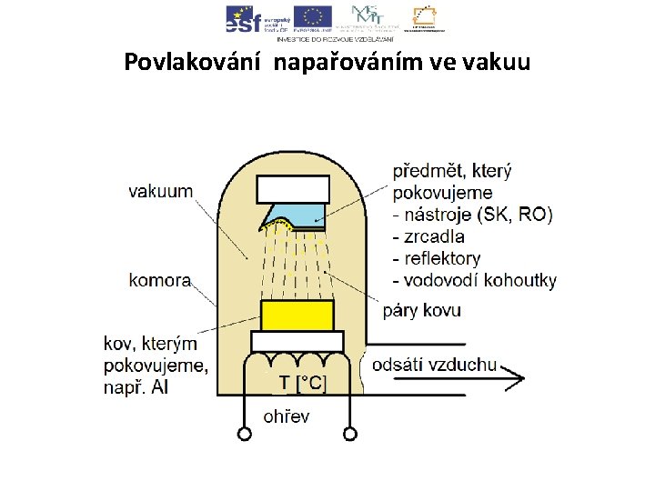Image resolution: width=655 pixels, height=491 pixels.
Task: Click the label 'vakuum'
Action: point(160,191)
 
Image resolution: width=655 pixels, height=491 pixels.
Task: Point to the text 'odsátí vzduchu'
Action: point(435,366)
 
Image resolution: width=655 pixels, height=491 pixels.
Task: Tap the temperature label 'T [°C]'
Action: point(300,384)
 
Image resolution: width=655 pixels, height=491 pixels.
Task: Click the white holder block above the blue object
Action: point(293,189)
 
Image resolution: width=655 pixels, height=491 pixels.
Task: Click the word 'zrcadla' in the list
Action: point(433,236)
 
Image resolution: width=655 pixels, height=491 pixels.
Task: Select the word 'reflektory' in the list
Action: point(441,258)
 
